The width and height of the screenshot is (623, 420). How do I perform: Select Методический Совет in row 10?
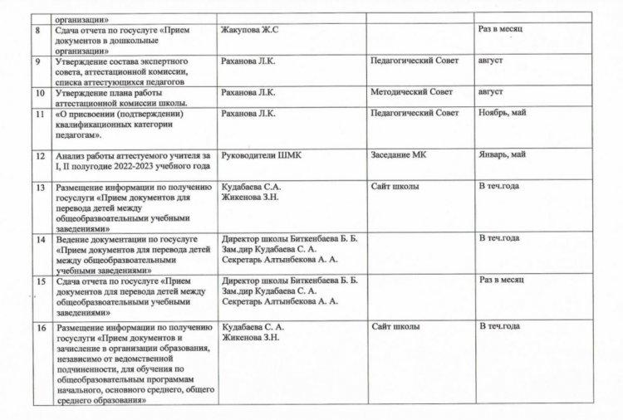point(413,92)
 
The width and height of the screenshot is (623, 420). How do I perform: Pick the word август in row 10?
point(493,92)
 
